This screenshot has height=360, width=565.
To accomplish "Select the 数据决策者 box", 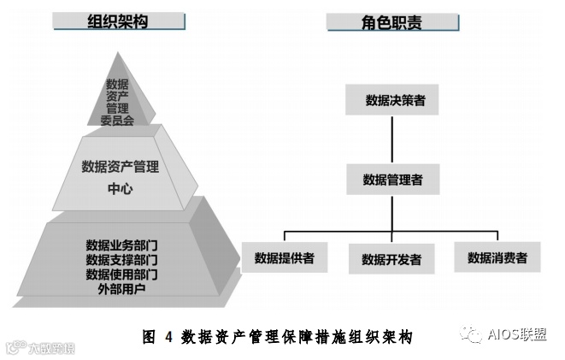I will tap(392, 100).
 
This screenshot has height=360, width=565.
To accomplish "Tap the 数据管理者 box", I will tap(392, 180).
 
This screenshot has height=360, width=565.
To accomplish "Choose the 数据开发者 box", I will tap(391, 259).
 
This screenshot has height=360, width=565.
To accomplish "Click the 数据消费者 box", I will tap(497, 257).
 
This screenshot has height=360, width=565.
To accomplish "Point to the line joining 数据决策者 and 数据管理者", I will tap(392, 139).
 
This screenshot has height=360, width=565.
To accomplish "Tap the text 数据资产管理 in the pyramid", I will tap(120, 166).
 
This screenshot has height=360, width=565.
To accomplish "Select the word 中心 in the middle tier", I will tap(121, 188).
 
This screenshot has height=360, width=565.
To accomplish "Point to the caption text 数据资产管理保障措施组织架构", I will tap(298, 337).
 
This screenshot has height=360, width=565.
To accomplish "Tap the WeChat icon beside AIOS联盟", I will tap(470, 333).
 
